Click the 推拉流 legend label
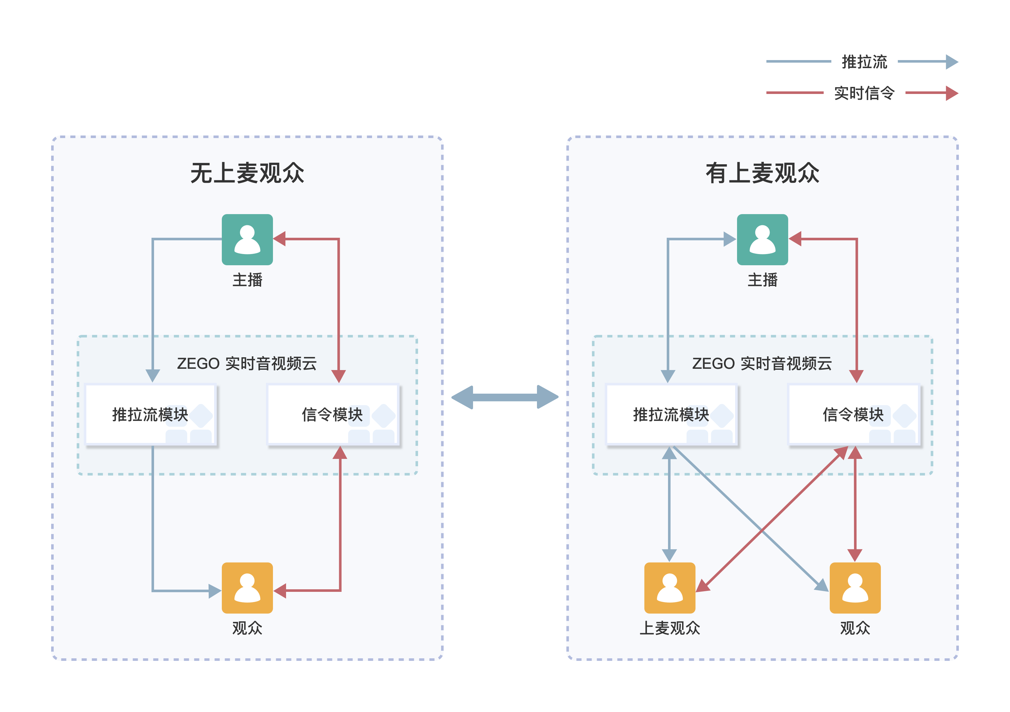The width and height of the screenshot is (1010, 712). tap(864, 62)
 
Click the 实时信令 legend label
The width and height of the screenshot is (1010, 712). tap(864, 93)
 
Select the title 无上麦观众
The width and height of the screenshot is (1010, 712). tap(247, 173)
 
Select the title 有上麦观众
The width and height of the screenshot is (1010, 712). tap(762, 173)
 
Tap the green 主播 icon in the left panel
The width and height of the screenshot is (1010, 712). tap(247, 240)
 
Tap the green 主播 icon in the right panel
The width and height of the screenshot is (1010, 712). tap(762, 240)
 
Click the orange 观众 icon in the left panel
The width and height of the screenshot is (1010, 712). tap(247, 588)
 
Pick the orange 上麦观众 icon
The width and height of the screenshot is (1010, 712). tap(670, 588)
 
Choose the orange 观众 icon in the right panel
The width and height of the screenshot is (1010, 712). tap(855, 588)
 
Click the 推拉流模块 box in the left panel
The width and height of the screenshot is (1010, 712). tap(151, 415)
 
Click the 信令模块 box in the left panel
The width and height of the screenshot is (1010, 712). tap(333, 415)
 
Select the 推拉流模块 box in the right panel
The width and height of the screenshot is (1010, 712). tap(671, 415)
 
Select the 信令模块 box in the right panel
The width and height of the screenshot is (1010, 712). tap(854, 415)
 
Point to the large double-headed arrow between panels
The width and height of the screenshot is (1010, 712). tap(505, 397)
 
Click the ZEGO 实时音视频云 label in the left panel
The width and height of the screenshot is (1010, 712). tap(247, 364)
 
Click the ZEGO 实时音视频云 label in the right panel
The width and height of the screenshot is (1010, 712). tap(762, 364)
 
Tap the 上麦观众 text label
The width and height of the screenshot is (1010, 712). tap(670, 628)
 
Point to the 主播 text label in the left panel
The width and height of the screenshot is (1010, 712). tap(247, 280)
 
